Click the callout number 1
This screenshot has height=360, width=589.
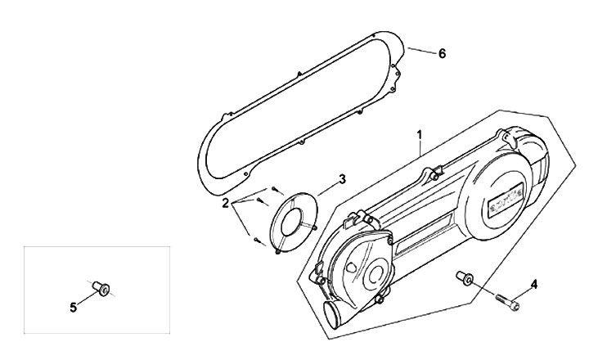pyautogui.click(x=419, y=133)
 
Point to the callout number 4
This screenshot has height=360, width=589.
pyautogui.click(x=533, y=284)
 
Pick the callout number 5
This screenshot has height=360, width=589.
pyautogui.click(x=73, y=308)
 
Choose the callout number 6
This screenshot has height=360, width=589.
pyautogui.click(x=442, y=54)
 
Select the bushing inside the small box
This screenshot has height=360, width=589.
pyautogui.click(x=101, y=287)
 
